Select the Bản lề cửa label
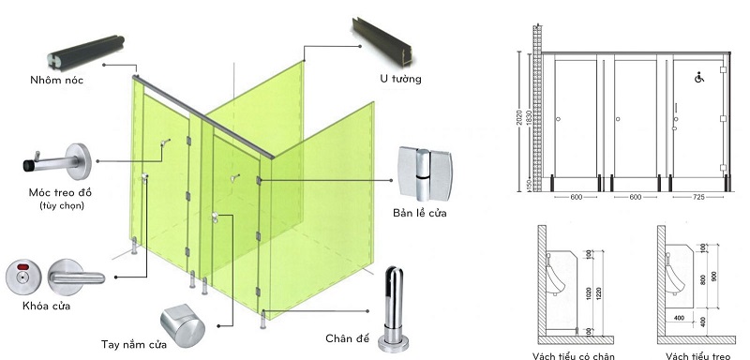point(419,214)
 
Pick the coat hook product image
point(56,158)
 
